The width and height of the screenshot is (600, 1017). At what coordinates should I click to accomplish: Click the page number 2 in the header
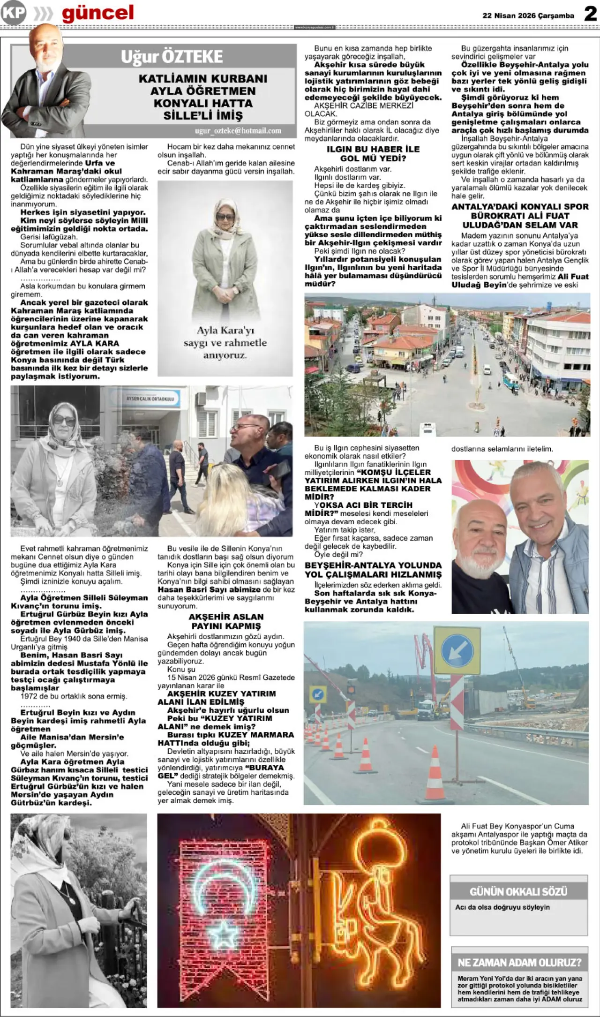(590, 14)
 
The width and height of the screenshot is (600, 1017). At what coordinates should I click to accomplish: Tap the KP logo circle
(13, 13)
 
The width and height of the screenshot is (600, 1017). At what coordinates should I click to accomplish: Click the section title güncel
(97, 13)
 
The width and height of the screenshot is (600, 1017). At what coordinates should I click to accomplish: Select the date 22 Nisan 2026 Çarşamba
(528, 15)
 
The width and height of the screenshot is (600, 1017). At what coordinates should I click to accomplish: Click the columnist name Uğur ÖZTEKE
(172, 57)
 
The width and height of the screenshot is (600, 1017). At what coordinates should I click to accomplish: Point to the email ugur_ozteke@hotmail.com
(238, 131)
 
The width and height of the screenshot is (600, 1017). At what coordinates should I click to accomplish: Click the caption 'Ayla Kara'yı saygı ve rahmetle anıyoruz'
(225, 342)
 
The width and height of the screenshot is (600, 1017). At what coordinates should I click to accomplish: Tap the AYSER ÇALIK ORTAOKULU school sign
(150, 399)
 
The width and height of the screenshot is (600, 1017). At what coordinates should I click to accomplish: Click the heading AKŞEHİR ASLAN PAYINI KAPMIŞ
(226, 621)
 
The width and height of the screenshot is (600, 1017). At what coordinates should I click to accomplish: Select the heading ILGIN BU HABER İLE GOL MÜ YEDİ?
(373, 154)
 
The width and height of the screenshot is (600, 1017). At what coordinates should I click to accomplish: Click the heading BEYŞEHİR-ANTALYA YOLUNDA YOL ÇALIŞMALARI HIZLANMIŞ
(373, 570)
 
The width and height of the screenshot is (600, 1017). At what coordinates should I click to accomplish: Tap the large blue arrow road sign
(457, 650)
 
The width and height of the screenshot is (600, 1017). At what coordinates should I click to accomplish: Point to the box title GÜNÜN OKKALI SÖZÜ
(518, 891)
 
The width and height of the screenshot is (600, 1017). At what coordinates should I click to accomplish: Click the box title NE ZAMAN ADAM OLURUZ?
(519, 963)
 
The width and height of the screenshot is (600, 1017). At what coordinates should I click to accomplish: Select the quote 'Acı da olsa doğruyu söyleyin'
(502, 907)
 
